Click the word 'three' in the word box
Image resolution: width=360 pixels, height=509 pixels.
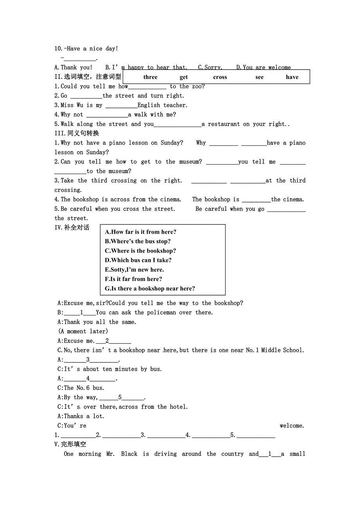point(150,77)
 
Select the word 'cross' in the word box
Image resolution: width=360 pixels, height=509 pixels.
point(220,77)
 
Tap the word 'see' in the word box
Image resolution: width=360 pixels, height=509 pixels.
point(259,77)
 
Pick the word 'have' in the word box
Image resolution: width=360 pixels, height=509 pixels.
point(292,77)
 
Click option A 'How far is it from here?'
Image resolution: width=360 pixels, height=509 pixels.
point(140,232)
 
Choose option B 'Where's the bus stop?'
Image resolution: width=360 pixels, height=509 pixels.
point(138,241)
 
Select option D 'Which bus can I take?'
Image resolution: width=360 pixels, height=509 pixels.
point(138,260)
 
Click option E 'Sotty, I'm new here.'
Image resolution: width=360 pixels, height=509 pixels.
point(134,269)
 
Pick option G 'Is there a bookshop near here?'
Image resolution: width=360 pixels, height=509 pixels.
point(150,289)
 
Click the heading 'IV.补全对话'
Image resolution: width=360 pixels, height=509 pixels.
point(72,228)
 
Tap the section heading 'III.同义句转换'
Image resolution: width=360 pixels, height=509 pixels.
point(77,133)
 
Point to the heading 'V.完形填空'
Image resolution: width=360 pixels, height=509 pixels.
point(70,444)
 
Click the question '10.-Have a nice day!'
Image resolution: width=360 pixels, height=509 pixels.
point(86,48)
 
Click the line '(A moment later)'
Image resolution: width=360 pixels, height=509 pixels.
point(83,331)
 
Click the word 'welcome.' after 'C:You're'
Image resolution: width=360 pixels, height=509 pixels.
point(292,426)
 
